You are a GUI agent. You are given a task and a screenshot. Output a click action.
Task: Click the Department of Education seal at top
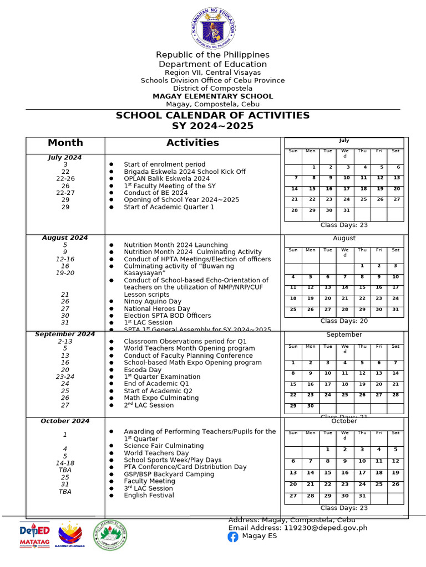(x=213, y=28)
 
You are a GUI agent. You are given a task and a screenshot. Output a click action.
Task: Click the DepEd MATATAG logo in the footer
(x=35, y=534)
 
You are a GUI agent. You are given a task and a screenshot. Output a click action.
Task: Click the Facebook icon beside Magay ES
(x=233, y=536)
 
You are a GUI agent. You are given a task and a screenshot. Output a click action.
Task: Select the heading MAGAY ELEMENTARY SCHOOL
(x=213, y=96)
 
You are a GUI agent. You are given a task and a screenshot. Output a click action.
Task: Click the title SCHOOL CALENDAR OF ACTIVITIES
(x=212, y=116)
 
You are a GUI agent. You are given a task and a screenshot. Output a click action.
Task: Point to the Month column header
(x=65, y=143)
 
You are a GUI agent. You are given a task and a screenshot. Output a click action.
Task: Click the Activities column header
(x=192, y=143)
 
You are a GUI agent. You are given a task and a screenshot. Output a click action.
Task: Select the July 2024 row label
(x=65, y=157)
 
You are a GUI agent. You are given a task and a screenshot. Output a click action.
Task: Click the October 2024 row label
(x=65, y=421)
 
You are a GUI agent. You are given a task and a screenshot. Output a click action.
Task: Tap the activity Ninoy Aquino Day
(x=153, y=302)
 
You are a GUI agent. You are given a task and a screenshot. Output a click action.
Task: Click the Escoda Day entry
(x=143, y=370)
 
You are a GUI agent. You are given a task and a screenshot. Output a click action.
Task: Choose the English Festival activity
(x=149, y=495)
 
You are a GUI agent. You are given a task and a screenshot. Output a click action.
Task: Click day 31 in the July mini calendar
(x=346, y=210)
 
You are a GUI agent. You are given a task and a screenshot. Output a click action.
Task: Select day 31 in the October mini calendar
(x=362, y=496)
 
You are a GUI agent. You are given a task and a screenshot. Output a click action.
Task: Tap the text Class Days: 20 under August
(x=344, y=321)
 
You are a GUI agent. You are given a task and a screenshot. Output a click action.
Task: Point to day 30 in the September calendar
(x=311, y=406)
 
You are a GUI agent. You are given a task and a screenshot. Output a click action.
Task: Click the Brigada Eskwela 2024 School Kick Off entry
(x=184, y=172)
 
